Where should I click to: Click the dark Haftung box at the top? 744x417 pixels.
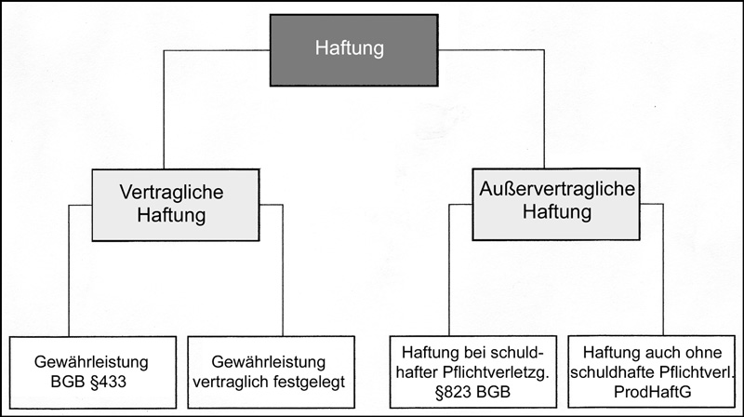(x=354, y=50)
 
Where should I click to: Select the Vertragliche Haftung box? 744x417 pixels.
(x=176, y=205)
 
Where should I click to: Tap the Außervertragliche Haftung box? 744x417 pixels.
(x=556, y=204)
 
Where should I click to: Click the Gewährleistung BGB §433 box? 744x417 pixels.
(x=93, y=372)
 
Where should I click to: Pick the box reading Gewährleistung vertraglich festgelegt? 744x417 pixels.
(x=271, y=372)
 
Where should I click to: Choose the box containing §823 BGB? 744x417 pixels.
(x=473, y=372)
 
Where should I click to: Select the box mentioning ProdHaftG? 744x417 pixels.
(x=652, y=372)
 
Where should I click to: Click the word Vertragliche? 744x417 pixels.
(x=171, y=193)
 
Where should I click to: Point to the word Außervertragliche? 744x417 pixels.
(x=557, y=189)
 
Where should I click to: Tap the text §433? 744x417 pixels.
(x=108, y=382)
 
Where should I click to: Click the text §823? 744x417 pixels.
(x=453, y=392)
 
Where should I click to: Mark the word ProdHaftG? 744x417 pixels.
(x=652, y=392)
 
